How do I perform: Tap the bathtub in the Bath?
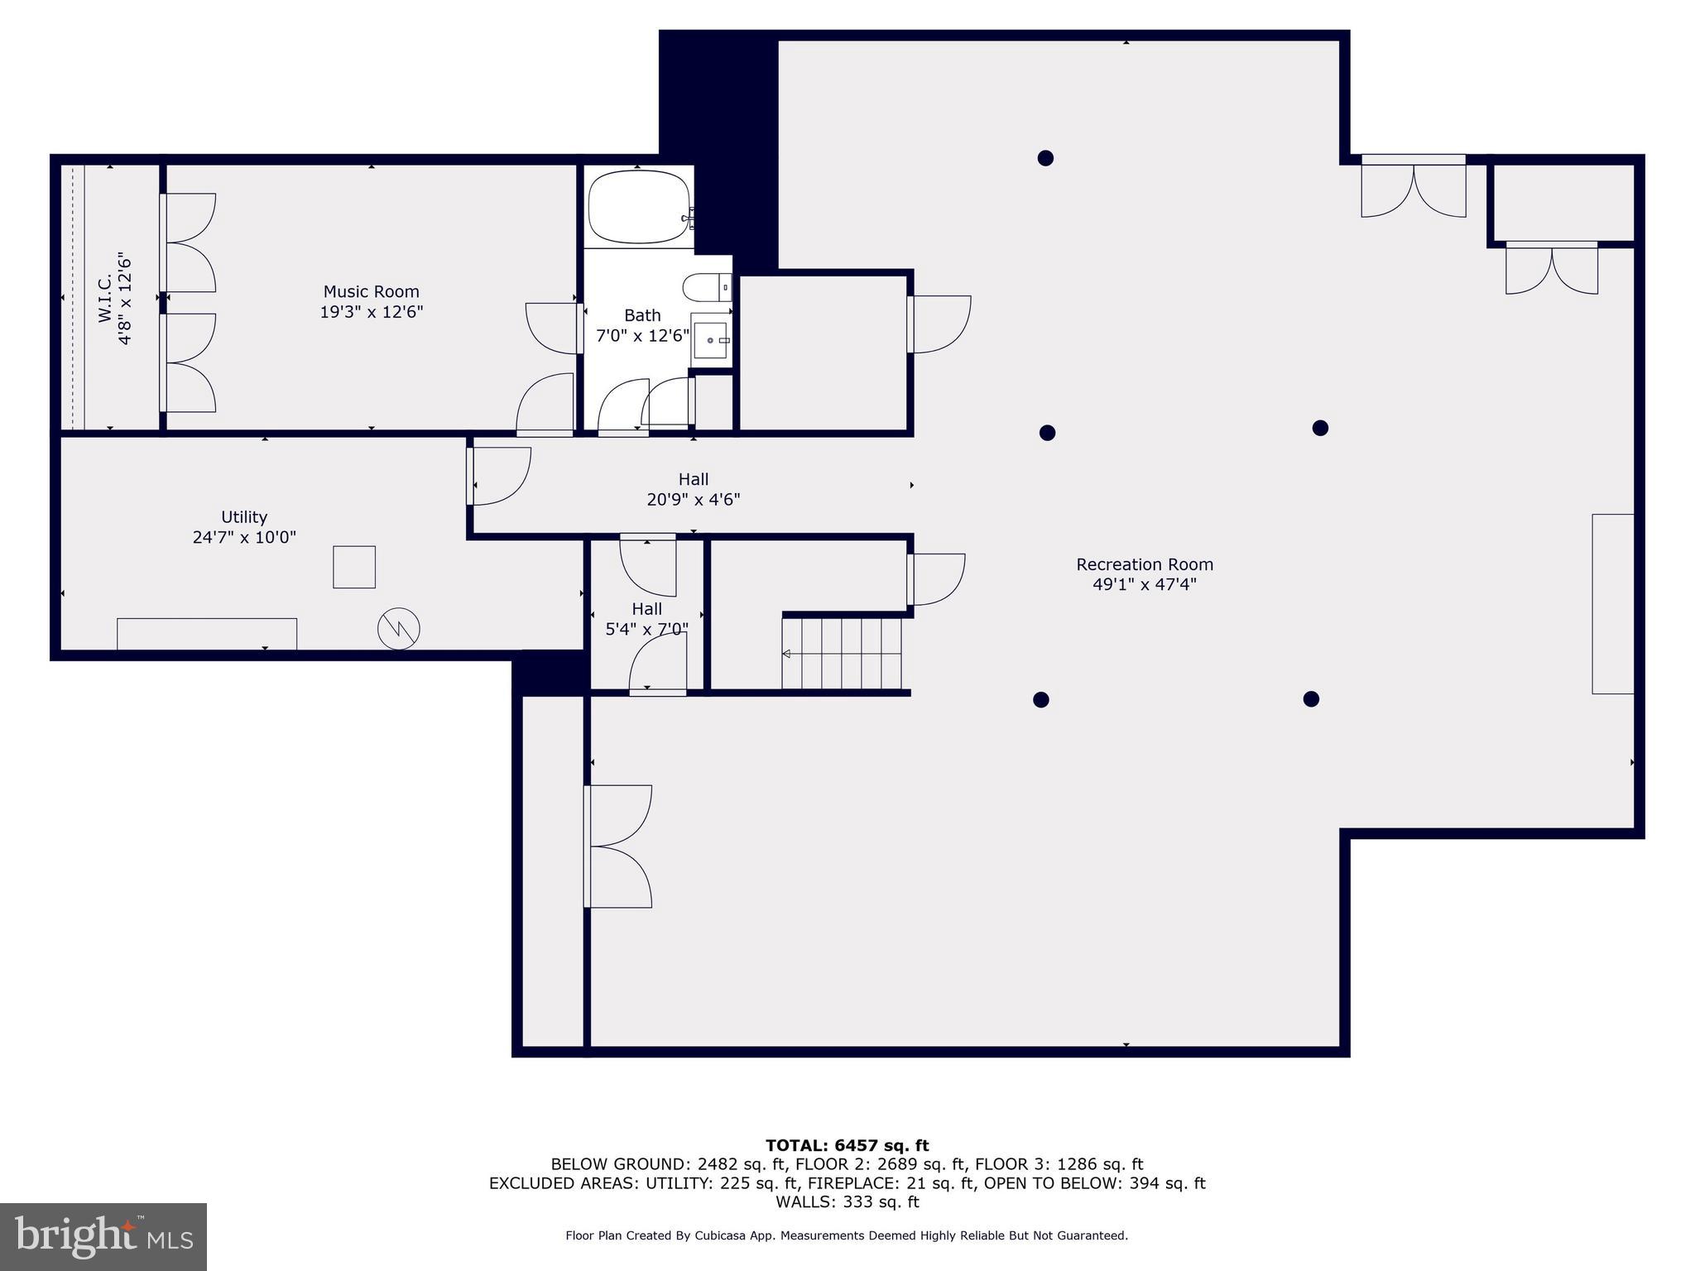pos(639,207)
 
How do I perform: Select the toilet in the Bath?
pos(707,287)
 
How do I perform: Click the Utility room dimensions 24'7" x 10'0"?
pos(244,537)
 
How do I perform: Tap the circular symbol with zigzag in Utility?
pos(399,629)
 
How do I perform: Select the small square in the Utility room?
pos(354,567)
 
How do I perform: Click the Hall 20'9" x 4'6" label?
pos(694,489)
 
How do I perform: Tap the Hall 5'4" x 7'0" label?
pos(646,619)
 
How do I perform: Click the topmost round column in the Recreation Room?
pos(1045,158)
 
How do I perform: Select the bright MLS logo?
pos(103,1236)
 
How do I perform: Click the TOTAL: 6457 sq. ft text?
pos(847,1145)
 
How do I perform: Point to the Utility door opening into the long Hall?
pos(499,476)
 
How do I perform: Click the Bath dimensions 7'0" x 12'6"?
pos(643,335)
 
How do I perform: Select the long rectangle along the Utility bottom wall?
pos(207,634)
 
